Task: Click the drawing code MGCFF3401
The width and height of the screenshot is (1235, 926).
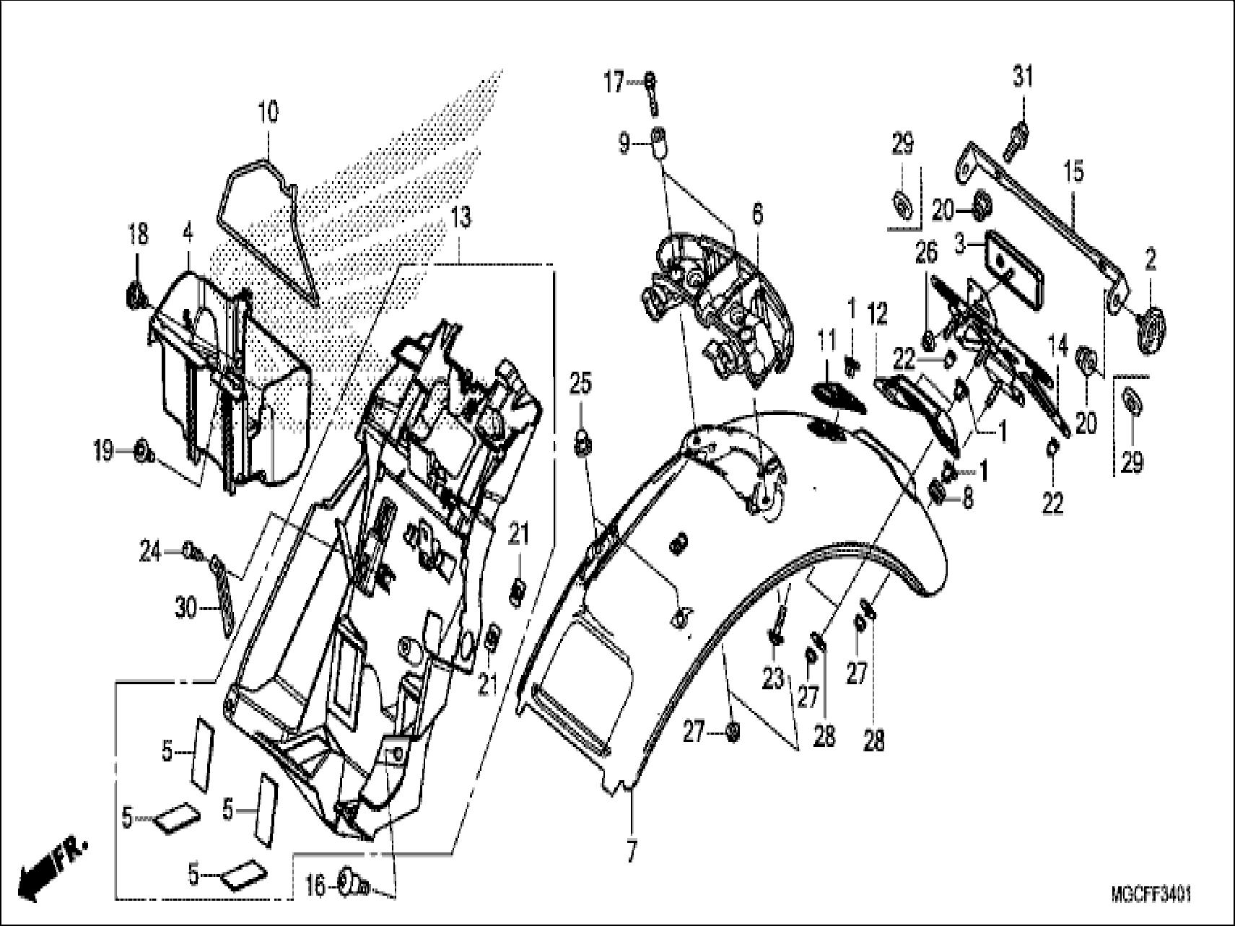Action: [x=1151, y=896]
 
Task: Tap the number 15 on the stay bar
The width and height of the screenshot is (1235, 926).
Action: [x=1073, y=172]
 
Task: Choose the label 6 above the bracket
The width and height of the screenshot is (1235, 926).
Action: [x=756, y=214]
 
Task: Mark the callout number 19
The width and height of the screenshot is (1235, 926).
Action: [x=103, y=453]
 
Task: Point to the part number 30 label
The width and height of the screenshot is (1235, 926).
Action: [x=185, y=609]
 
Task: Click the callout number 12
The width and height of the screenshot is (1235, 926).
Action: [x=877, y=314]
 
